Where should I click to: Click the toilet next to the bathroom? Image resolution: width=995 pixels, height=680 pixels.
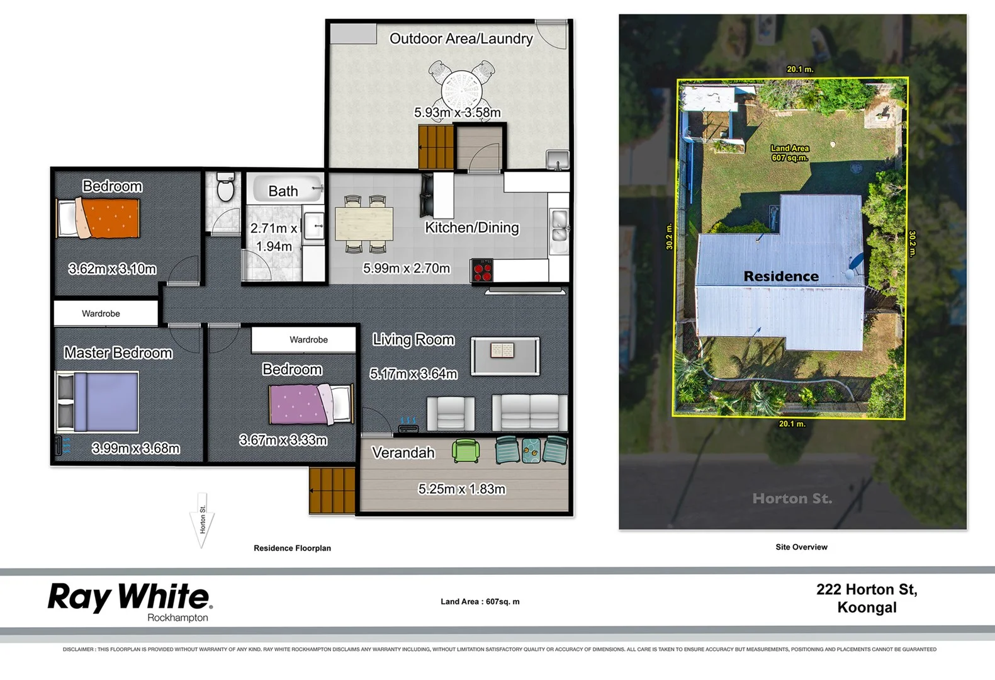click(225, 188)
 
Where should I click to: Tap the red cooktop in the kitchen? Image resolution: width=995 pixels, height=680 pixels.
click(482, 271)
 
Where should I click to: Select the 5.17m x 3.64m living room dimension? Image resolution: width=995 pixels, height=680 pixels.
click(413, 374)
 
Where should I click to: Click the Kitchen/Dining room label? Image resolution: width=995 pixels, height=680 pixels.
click(471, 228)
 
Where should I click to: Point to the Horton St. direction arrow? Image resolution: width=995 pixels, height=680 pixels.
click(202, 520)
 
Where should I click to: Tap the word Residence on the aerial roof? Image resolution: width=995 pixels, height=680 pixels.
click(780, 276)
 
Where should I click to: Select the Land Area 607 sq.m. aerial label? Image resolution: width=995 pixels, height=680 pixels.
click(790, 153)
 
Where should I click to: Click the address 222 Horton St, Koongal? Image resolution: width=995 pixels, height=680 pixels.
click(867, 598)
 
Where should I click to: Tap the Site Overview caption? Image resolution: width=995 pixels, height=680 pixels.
click(801, 547)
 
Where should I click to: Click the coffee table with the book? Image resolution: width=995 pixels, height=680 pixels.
click(505, 356)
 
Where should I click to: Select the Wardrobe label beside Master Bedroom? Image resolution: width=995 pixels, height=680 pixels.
click(101, 314)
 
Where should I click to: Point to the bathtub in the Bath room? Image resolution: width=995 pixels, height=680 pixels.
click(287, 189)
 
